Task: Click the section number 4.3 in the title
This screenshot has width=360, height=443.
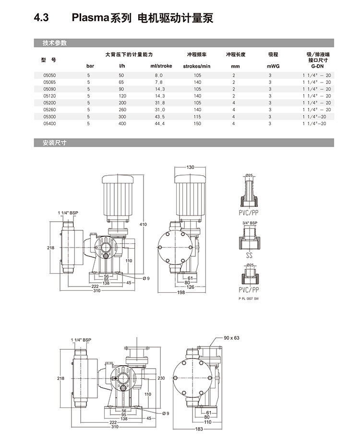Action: coord(41,18)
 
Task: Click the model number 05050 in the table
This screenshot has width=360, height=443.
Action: coord(49,75)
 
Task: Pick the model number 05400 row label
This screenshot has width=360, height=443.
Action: coord(49,123)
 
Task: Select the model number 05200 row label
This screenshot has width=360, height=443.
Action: coord(49,103)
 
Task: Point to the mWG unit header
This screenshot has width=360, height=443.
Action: coord(273,66)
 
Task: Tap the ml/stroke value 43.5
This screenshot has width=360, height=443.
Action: coord(160,117)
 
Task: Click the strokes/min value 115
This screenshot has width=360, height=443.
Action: coord(197,117)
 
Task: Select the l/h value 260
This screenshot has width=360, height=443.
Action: coord(121,110)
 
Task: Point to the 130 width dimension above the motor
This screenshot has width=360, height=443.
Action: coord(191,167)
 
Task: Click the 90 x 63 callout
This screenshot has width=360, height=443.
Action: coord(232,338)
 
